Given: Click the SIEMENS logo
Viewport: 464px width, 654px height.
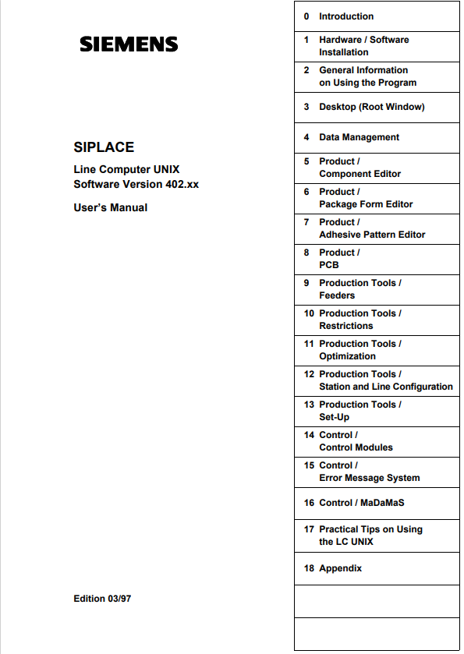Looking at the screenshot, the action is tap(129, 44).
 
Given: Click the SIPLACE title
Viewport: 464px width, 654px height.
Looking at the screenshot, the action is tap(104, 147).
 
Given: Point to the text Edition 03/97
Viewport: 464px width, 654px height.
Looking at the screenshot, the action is tap(104, 599).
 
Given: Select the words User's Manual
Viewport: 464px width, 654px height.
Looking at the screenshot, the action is tap(110, 208).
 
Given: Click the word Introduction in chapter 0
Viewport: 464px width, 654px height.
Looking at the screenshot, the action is tap(346, 16).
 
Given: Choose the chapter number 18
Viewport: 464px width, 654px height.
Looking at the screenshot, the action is tap(309, 569).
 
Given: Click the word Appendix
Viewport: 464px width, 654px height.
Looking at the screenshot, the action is tap(340, 569).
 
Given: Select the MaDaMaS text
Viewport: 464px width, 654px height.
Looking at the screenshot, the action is tap(383, 504).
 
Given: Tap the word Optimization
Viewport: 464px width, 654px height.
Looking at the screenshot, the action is tap(347, 356).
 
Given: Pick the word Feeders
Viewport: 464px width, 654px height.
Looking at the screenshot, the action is tap(337, 295).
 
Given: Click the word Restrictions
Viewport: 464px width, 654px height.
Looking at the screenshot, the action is tap(346, 326).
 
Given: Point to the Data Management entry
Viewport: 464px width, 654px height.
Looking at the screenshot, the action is tap(359, 137).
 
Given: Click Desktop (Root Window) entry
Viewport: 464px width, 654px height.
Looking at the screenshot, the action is tap(371, 107).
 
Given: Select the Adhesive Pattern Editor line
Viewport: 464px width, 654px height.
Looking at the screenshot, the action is tap(372, 235).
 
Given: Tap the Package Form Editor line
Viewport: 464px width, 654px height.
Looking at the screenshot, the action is tap(366, 204).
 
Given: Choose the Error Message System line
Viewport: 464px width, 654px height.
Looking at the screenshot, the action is tap(369, 478).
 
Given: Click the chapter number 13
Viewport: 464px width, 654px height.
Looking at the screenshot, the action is tap(309, 405).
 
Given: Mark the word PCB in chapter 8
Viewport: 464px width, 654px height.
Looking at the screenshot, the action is tap(329, 265).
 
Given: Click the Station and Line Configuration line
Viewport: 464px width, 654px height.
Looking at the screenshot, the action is tap(385, 387).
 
